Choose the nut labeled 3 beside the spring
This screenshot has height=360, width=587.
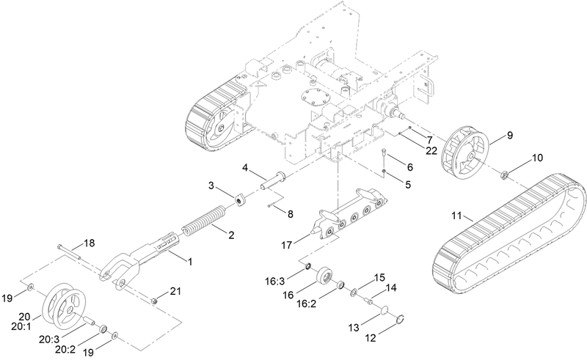pos(239,199)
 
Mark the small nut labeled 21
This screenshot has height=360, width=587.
pos(155,300)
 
